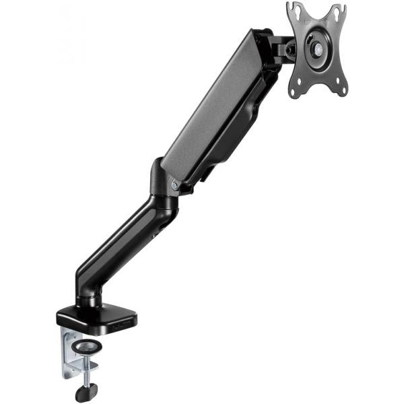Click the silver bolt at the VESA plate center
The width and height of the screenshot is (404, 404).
pos(316,49)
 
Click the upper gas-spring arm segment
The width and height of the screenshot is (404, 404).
pos(222,108)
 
